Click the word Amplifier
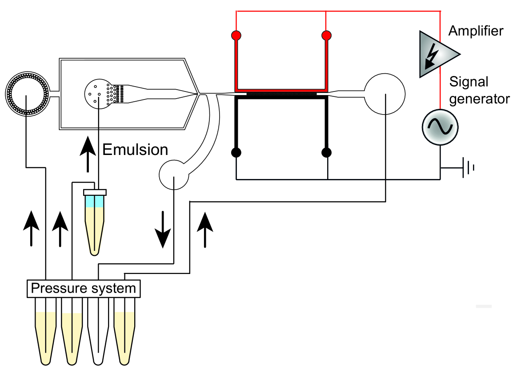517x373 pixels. coord(476,31)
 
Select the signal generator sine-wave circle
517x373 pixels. coord(440,127)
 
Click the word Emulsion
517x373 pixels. coord(135,150)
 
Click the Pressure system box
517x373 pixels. coord(84,289)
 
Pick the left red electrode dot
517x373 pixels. coord(236,35)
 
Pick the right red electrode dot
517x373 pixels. coord(326,35)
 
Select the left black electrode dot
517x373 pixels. coord(236,152)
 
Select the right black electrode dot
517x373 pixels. coord(326,152)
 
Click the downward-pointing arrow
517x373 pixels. coord(163,230)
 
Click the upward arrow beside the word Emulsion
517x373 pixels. coord(88,154)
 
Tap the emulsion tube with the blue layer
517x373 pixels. coord(95,222)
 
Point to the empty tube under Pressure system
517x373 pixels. coord(98,331)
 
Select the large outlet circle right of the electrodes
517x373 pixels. coord(385,94)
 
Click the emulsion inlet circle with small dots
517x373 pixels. coord(98,94)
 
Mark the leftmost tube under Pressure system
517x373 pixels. coord(46,331)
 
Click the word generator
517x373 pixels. coord(479,99)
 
